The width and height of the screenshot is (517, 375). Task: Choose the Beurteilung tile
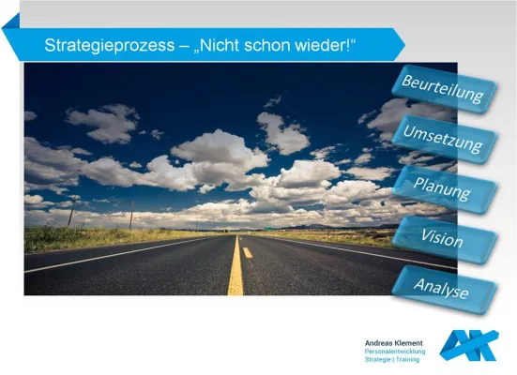tap(443, 90)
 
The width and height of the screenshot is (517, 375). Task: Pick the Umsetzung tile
tap(443, 138)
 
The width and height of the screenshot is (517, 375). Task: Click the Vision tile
tap(442, 239)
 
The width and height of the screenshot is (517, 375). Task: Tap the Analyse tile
tap(442, 289)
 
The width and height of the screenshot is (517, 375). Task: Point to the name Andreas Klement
tap(393, 343)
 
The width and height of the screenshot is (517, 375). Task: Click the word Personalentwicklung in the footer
tap(395, 352)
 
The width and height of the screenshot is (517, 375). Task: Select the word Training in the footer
tap(408, 359)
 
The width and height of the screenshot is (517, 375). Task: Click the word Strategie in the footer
tap(380, 359)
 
